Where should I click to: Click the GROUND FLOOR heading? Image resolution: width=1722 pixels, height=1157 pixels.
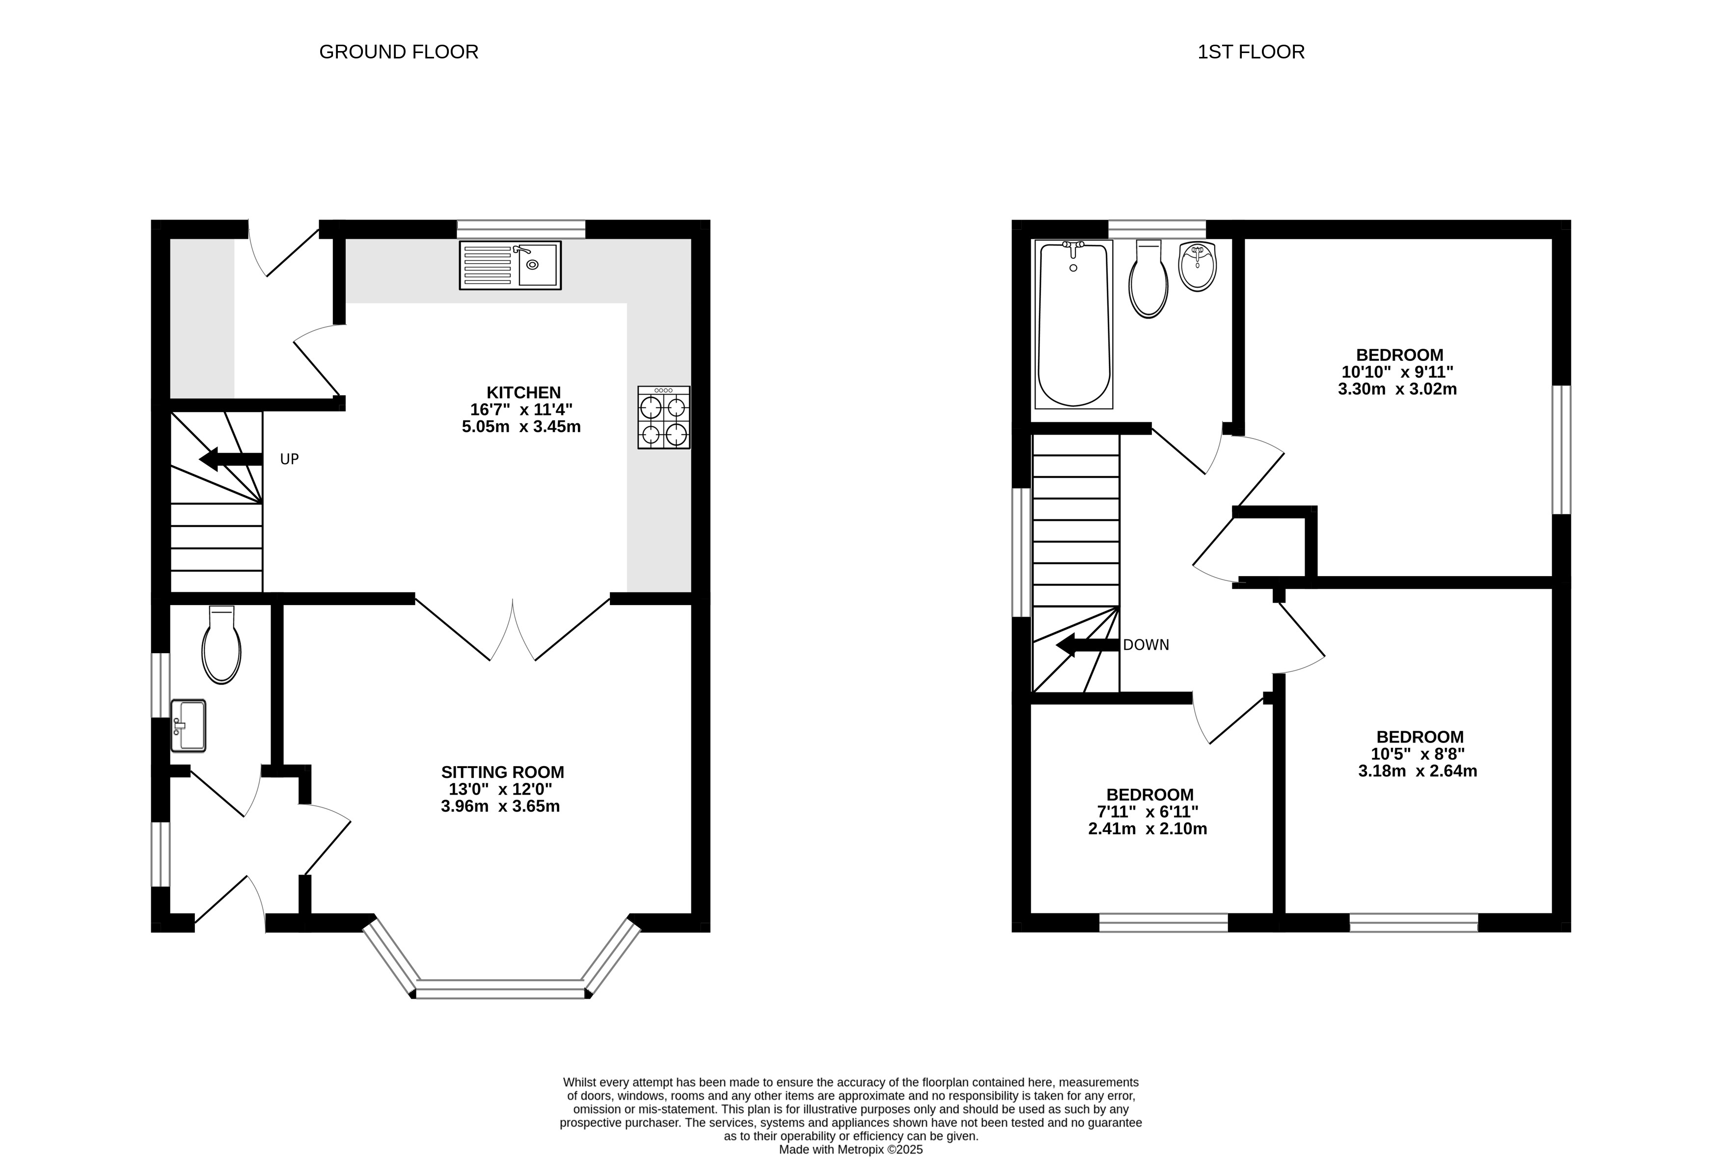click(398, 52)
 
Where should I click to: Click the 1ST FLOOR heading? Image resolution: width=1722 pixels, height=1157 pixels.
click(1251, 52)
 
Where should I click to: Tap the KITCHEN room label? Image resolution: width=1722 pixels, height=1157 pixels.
click(523, 392)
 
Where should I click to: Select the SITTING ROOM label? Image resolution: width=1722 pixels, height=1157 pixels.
click(502, 772)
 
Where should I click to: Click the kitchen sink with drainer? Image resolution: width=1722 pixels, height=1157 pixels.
click(510, 265)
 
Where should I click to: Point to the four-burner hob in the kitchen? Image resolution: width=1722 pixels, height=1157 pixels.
click(664, 417)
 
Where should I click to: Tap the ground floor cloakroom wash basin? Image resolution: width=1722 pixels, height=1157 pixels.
click(188, 725)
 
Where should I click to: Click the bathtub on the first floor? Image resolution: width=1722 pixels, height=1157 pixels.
click(1073, 324)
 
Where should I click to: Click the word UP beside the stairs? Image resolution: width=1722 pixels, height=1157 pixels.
click(289, 459)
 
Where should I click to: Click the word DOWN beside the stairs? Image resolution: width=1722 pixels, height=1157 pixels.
click(1146, 645)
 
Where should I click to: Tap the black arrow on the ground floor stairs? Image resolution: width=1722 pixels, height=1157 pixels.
click(231, 459)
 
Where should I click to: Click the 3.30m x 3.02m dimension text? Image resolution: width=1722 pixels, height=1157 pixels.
click(1397, 389)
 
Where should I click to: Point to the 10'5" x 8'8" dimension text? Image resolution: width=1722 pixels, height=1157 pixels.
click(1417, 754)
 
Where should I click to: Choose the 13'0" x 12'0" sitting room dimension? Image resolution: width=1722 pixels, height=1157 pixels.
click(501, 789)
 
